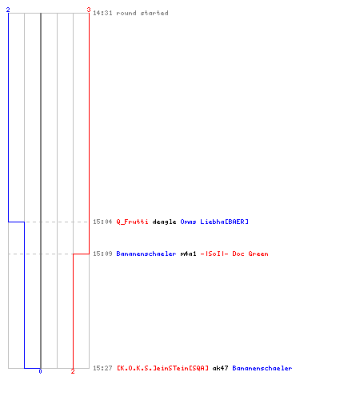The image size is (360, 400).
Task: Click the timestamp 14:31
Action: point(102,13)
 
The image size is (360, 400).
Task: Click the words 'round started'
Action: point(142,13)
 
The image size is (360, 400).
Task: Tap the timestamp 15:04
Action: point(102,222)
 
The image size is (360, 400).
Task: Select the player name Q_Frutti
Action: point(132,222)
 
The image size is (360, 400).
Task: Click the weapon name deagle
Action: point(164,222)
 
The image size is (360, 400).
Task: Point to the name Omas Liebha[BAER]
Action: point(214,222)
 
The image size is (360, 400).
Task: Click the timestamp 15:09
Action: point(102,254)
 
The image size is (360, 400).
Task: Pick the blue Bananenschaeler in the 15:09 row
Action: point(146,254)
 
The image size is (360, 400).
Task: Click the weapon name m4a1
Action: point(188,254)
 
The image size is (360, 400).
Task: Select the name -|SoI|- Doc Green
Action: point(234,254)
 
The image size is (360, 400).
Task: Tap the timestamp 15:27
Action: point(102,368)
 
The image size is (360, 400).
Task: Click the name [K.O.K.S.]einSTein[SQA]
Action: point(162,368)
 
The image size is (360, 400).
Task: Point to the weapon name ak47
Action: point(220,368)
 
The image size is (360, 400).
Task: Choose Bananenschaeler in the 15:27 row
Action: point(262,368)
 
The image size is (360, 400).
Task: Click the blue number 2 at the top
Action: point(8,10)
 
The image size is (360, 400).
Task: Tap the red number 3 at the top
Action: point(89,10)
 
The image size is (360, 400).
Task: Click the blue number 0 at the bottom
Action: point(40,371)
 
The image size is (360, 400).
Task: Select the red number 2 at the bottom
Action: point(73,371)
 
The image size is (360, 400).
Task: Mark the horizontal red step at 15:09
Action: point(81,254)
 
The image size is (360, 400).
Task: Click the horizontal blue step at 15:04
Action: point(16,222)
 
